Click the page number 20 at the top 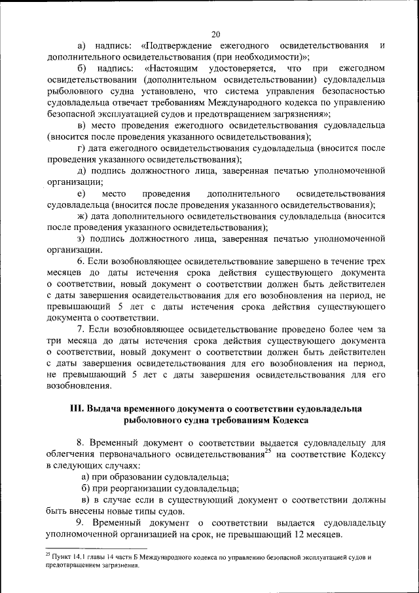[x=216, y=34]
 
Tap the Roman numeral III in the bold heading [x=76, y=408]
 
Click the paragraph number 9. [x=80, y=524]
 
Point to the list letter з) [x=81, y=239]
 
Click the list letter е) [x=81, y=194]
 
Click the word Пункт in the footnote [x=61, y=558]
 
